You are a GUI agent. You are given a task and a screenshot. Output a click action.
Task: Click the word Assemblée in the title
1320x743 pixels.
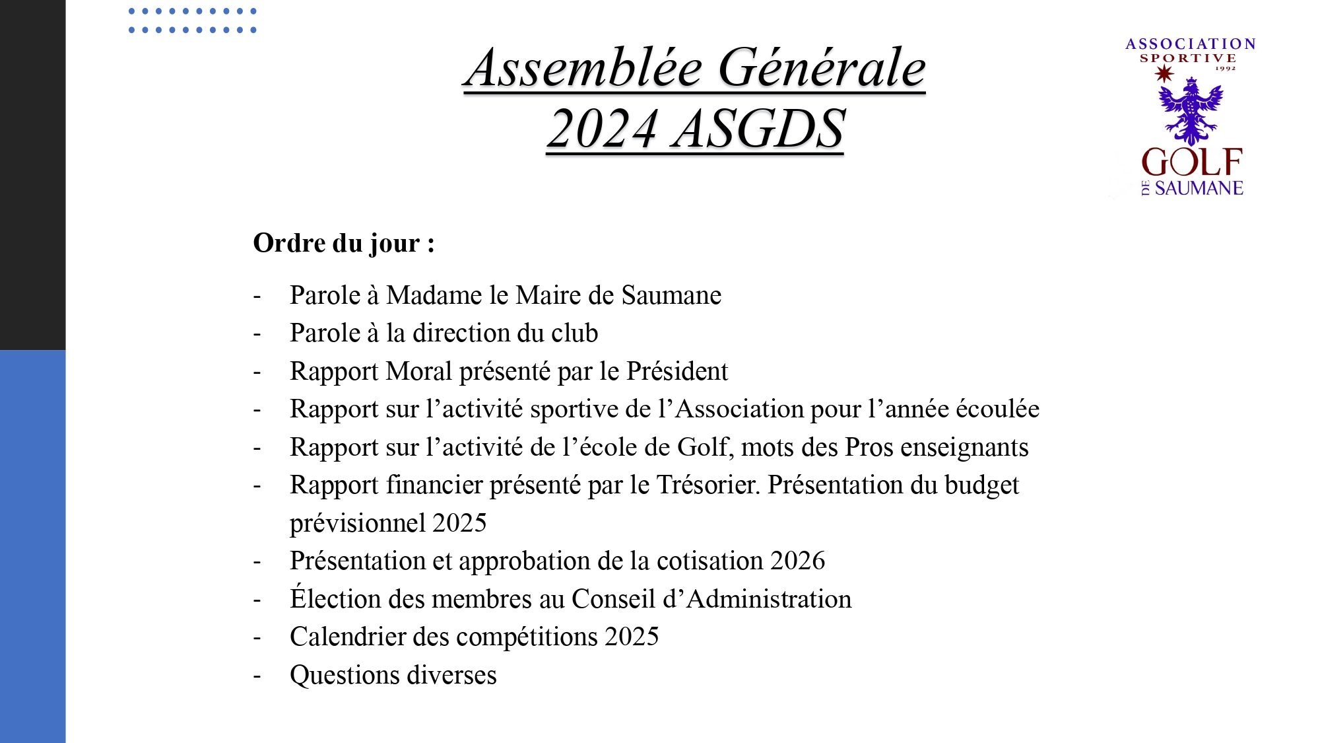(583, 68)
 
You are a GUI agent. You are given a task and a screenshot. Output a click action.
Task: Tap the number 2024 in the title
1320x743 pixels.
(603, 129)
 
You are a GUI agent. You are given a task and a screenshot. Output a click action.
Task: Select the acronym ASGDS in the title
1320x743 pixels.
(758, 129)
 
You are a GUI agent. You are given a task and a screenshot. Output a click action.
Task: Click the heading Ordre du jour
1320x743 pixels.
(343, 243)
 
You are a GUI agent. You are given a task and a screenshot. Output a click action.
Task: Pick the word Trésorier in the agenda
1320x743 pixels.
(707, 485)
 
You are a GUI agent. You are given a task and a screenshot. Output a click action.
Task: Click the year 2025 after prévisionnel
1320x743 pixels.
(459, 523)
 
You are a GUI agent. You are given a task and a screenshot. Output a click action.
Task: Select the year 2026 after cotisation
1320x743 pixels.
(797, 561)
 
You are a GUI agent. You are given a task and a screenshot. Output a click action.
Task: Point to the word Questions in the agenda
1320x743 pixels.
(345, 675)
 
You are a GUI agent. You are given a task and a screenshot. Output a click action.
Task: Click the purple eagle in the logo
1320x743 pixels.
(1190, 110)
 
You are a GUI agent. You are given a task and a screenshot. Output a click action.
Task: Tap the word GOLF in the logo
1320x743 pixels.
(1192, 162)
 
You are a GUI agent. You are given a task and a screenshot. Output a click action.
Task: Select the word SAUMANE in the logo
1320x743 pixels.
(1199, 188)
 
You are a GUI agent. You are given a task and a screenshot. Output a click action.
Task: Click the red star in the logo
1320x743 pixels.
(1164, 74)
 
